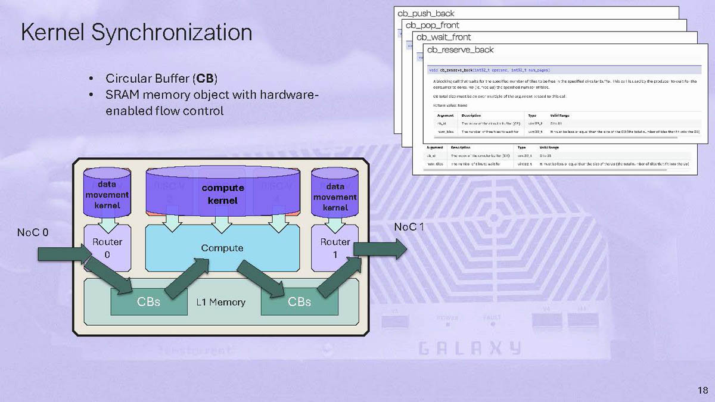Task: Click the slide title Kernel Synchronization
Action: [136, 33]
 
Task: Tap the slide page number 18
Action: [702, 391]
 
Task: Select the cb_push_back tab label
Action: [426, 13]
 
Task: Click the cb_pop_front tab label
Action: [432, 25]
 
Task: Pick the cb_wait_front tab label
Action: [443, 37]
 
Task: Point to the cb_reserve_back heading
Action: [461, 49]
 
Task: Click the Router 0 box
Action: [107, 247]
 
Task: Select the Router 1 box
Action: [335, 247]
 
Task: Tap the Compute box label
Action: [222, 248]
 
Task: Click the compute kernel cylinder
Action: [222, 194]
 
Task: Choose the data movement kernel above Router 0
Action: [107, 195]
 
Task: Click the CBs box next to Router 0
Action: [148, 302]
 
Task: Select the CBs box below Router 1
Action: [299, 302]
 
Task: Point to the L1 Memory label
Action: [220, 303]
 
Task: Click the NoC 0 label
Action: [33, 232]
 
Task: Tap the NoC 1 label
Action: [409, 227]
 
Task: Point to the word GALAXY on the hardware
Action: [469, 348]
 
